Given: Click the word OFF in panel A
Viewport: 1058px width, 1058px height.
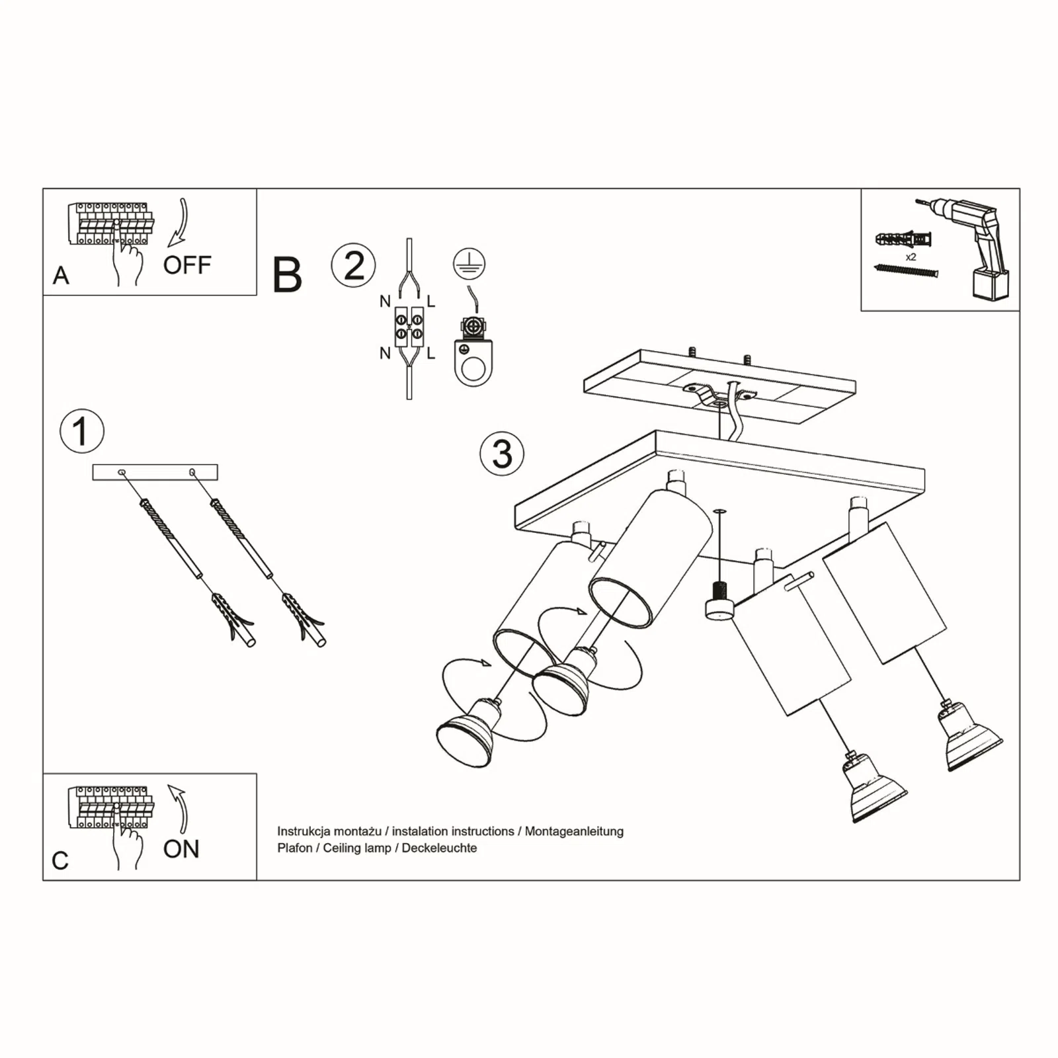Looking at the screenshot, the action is [187, 265].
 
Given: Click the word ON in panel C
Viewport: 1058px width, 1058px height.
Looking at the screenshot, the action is [181, 849].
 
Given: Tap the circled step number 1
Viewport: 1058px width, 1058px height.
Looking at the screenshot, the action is [82, 431].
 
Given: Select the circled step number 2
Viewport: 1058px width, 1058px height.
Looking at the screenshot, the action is [354, 265].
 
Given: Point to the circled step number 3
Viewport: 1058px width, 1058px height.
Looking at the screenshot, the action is [502, 454].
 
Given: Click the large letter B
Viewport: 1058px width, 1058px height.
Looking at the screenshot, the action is [287, 275].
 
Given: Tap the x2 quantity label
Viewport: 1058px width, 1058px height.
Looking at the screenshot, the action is [911, 257].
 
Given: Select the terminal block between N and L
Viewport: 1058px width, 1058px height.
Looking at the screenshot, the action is [409, 327].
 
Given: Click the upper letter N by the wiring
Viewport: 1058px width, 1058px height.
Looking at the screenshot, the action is [385, 302].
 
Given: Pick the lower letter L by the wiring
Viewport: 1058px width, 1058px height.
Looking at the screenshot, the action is [431, 354].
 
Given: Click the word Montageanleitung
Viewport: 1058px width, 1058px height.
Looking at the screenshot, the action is [574, 831].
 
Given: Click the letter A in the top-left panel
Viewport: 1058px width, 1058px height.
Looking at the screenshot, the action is [61, 275].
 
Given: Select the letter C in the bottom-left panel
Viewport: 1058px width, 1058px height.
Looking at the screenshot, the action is [60, 860].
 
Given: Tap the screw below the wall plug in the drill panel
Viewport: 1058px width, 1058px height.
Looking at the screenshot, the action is [906, 271].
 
